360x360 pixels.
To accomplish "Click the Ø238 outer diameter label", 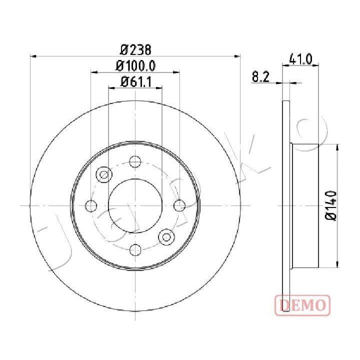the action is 135,50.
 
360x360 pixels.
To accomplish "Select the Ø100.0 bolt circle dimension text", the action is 135,66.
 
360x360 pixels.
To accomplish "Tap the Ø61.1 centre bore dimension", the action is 135,82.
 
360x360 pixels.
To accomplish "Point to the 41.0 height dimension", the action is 301,59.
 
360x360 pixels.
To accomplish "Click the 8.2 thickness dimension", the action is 260,76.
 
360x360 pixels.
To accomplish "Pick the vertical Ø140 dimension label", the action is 331,205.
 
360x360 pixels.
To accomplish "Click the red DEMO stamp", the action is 302,305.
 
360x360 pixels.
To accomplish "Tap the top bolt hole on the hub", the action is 135,161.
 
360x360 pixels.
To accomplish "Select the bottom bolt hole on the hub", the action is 135,250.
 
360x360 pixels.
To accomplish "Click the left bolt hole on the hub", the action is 91,205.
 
